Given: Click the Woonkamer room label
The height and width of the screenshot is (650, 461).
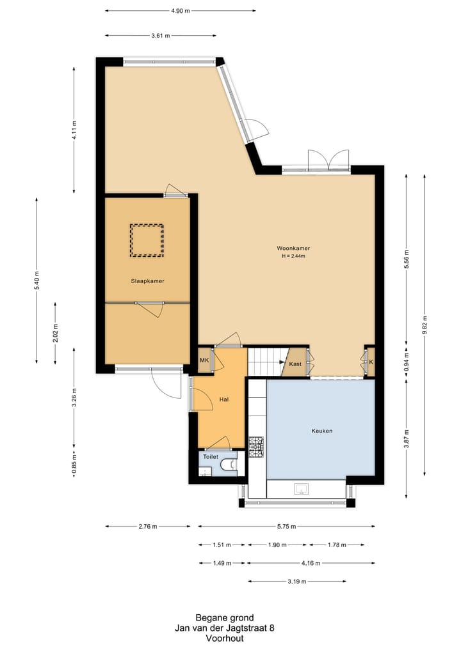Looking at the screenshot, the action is [293, 249].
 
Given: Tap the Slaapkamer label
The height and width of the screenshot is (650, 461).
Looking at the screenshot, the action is [147, 281].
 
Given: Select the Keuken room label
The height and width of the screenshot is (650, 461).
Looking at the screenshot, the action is [322, 431].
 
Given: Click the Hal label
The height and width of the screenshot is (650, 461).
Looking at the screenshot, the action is [224, 399].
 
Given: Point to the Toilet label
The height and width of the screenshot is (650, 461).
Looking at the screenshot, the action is [211, 457].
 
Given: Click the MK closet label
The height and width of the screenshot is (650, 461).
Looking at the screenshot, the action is [204, 360].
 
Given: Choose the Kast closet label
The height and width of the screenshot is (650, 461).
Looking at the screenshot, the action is [295, 364].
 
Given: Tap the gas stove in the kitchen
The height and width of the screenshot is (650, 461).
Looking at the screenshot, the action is [256, 447].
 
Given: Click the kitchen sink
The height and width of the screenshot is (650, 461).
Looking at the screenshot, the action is [302, 489].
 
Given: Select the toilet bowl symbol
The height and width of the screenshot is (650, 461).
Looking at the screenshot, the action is [229, 465].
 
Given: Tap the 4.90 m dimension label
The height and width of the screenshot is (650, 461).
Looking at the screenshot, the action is [181, 11].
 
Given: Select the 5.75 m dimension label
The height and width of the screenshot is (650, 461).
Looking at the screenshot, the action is [287, 527].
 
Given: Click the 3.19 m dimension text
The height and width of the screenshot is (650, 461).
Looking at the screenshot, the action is [297, 582].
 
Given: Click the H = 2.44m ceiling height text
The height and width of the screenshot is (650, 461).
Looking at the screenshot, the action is [294, 256].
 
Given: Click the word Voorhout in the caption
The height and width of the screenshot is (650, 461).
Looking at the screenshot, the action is [225, 638].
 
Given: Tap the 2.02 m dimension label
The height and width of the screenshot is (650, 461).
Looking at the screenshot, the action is [55, 333].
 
